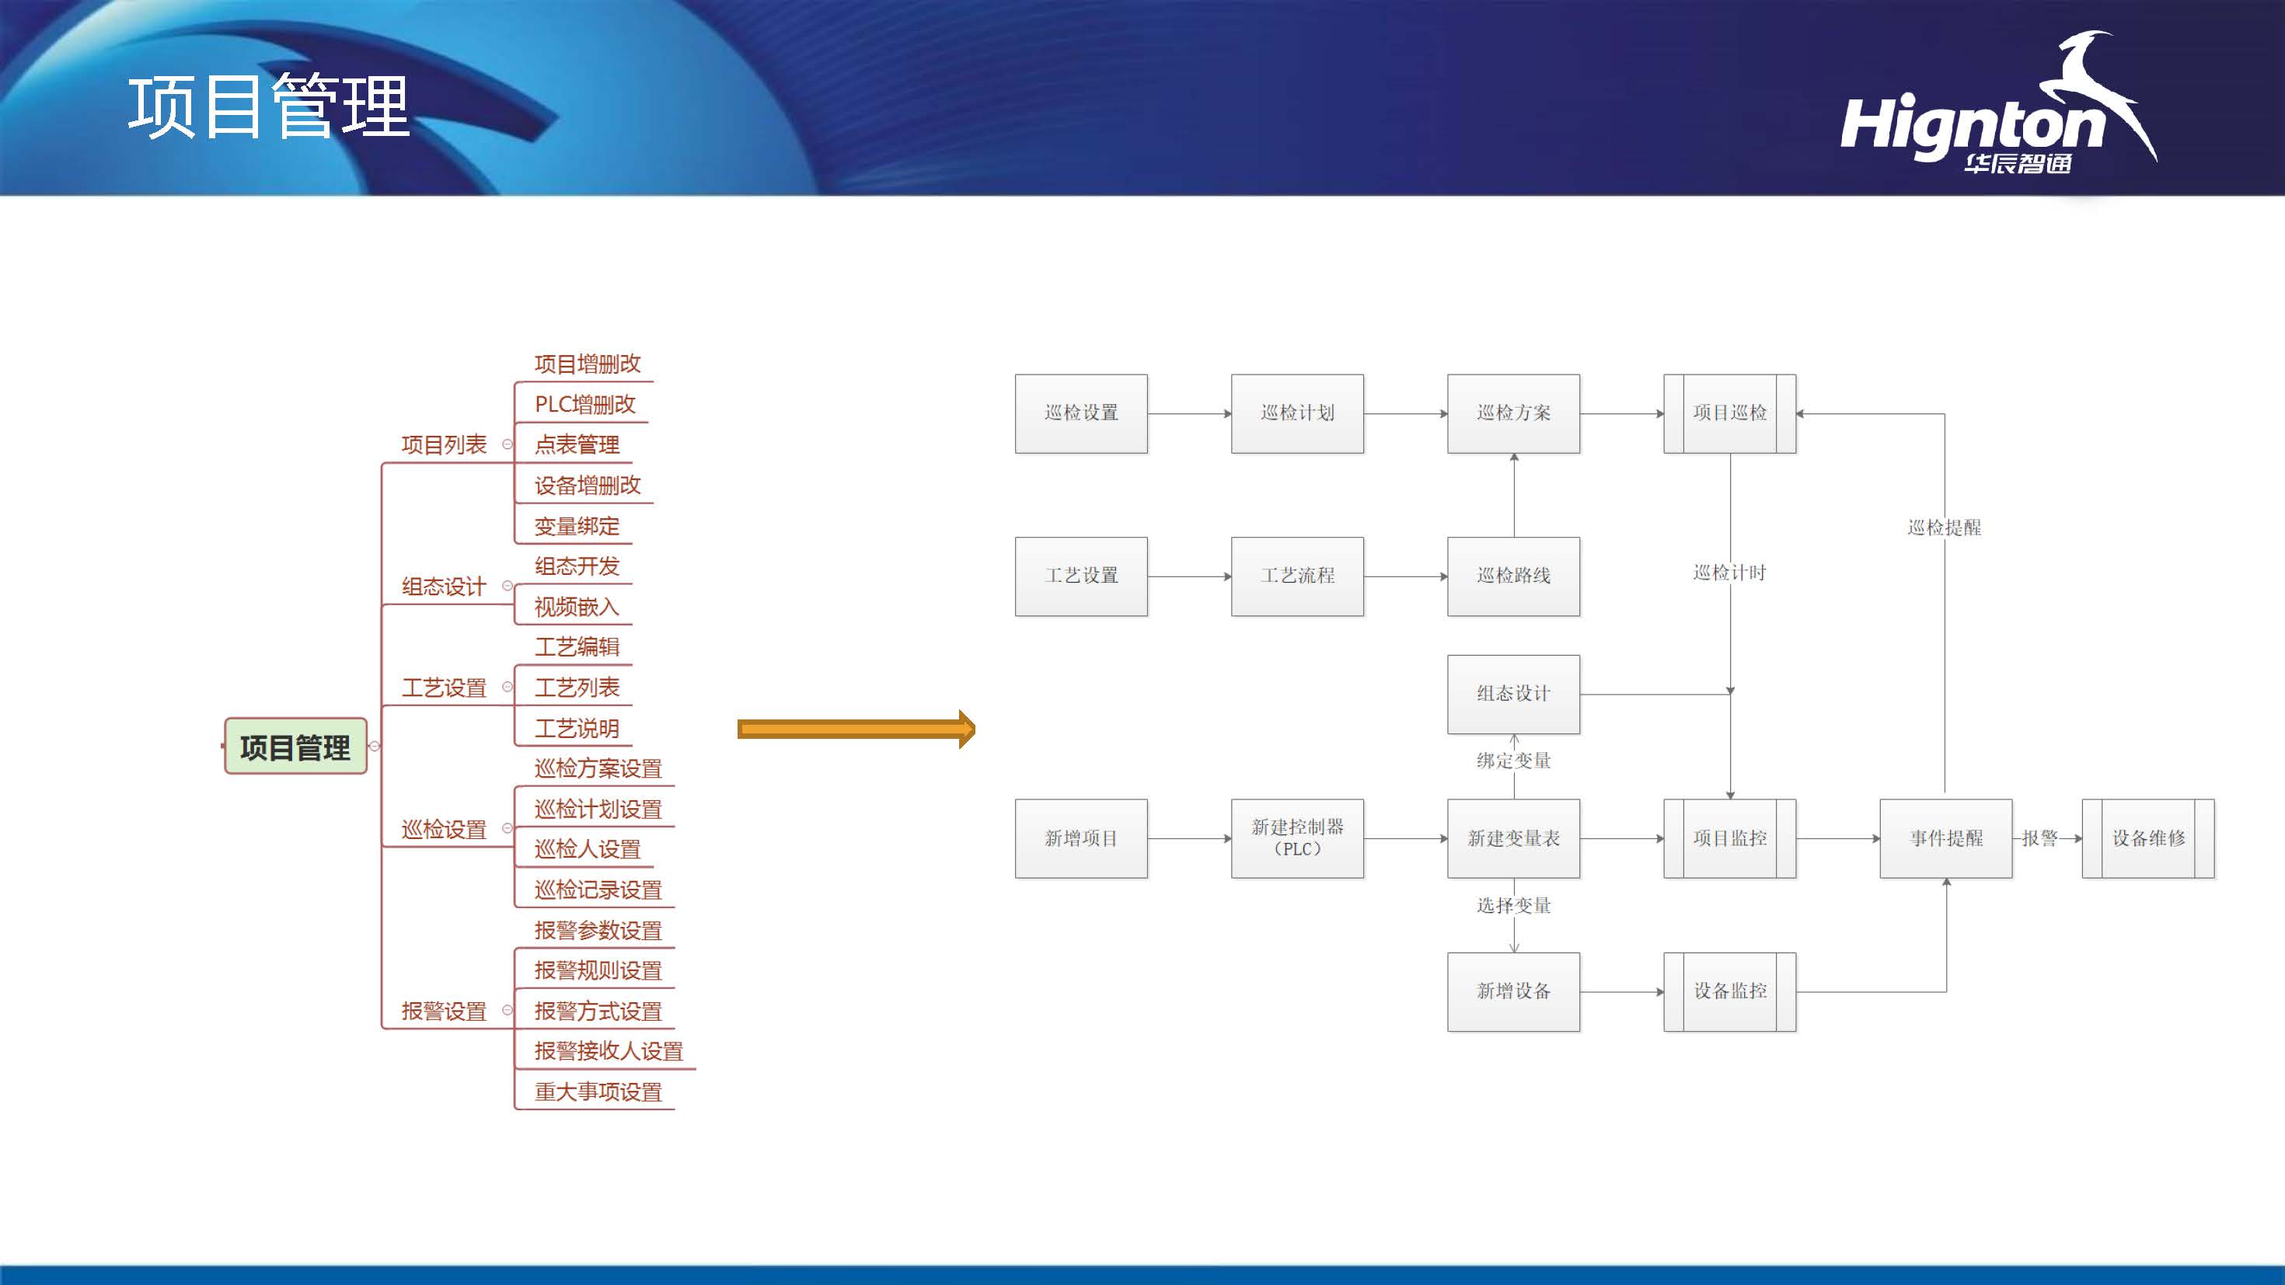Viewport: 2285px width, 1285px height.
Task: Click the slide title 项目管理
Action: [269, 106]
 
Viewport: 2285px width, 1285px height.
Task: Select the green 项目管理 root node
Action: [295, 747]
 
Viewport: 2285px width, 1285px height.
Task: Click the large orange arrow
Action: [856, 729]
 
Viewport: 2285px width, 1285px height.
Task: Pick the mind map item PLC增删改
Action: [584, 405]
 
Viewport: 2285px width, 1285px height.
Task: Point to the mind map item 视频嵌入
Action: [577, 607]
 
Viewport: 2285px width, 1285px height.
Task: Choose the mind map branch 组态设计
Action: [444, 587]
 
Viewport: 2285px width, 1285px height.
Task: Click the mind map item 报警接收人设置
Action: [609, 1051]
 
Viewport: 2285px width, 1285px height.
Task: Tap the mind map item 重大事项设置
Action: [598, 1092]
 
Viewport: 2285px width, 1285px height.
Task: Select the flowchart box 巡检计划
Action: [1297, 413]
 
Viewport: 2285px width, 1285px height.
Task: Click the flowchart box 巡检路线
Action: [1513, 576]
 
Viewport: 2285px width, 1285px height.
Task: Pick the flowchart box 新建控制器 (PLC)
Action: [1297, 838]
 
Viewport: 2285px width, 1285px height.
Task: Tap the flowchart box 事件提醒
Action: [1945, 838]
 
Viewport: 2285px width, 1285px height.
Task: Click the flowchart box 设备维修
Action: [2147, 838]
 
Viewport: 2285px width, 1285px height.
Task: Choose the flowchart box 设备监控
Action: [1730, 991]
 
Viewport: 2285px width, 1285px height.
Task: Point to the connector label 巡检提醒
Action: [1945, 528]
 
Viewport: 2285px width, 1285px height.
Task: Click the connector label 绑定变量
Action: [1513, 761]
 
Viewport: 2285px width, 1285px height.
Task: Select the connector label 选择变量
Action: [1513, 905]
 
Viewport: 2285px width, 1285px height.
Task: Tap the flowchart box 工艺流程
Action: [1297, 576]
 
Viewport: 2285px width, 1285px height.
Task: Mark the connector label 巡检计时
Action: [1730, 573]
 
